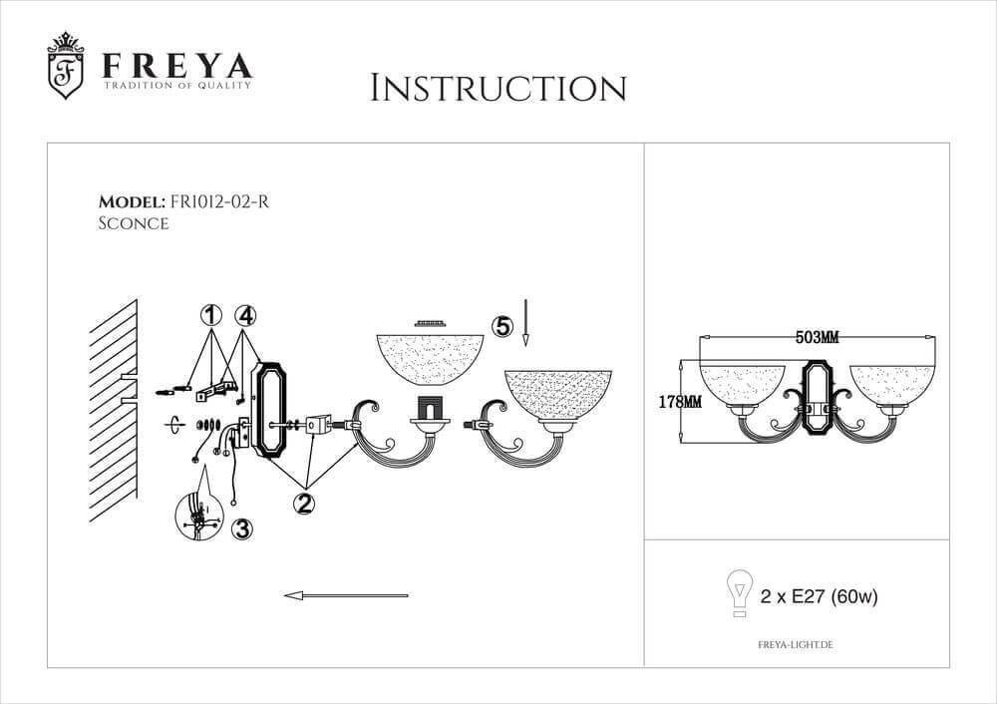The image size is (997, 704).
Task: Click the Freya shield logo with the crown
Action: click(x=66, y=66)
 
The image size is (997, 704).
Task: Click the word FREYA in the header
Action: click(x=177, y=66)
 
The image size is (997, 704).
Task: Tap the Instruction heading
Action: click(x=498, y=88)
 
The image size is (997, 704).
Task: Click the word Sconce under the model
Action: click(x=134, y=223)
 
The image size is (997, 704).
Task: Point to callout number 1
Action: click(x=210, y=315)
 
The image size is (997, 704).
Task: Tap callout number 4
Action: click(x=245, y=315)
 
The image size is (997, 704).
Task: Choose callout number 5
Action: click(x=502, y=326)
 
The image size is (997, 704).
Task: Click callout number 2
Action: click(x=304, y=503)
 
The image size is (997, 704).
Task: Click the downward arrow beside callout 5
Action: click(x=525, y=322)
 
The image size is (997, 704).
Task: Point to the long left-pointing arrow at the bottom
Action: click(x=346, y=596)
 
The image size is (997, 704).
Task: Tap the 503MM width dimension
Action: click(x=818, y=338)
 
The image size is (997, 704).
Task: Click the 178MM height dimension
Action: click(x=680, y=402)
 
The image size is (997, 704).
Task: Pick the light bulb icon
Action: click(x=740, y=593)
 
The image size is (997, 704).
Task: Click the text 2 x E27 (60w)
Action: click(x=819, y=596)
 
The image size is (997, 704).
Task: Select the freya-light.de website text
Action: click(x=796, y=644)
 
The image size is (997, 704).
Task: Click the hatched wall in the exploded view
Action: click(x=114, y=410)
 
